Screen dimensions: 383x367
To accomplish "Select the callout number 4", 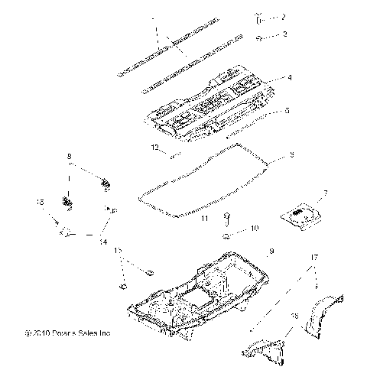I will pyautogui.click(x=290, y=77).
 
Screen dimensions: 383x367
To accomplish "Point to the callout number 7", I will pyautogui.click(x=326, y=193).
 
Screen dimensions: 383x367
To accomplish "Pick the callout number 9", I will pyautogui.click(x=270, y=252).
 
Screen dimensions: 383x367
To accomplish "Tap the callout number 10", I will pyautogui.click(x=255, y=229).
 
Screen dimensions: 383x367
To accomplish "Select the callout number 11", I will pyautogui.click(x=204, y=219).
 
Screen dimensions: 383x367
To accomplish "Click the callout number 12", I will pyautogui.click(x=154, y=147).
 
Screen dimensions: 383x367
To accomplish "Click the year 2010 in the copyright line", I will pyautogui.click(x=44, y=333).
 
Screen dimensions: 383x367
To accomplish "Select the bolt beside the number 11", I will pyautogui.click(x=228, y=219).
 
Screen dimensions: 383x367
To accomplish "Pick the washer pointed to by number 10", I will pyautogui.click(x=228, y=236).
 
